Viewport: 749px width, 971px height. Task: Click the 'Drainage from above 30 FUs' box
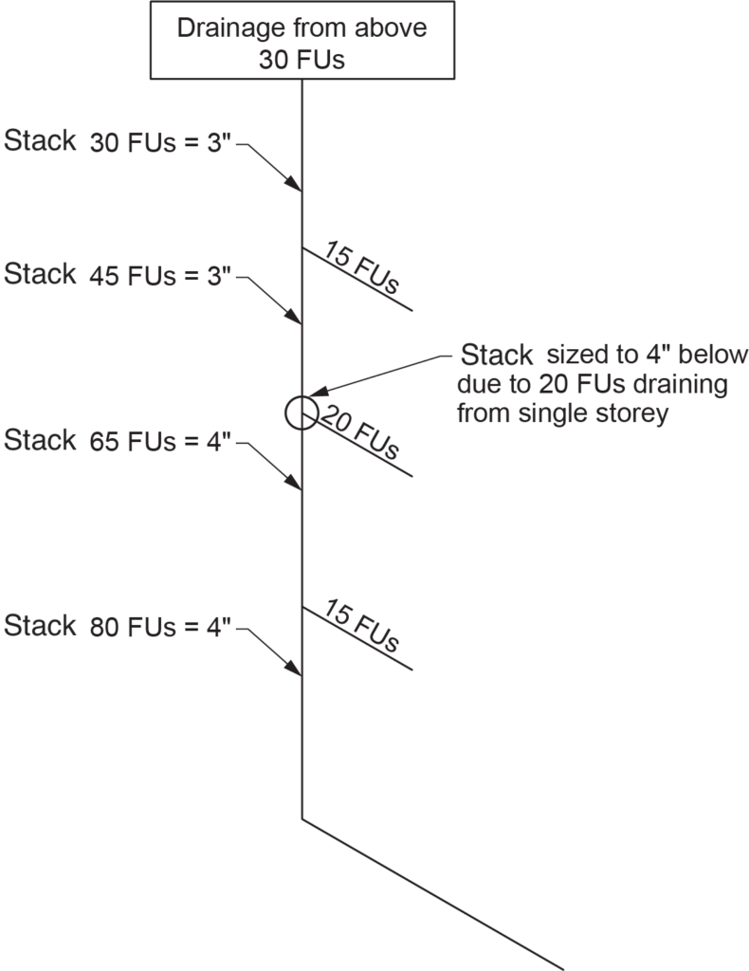point(301,44)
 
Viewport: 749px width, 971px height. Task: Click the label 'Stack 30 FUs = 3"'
point(119,143)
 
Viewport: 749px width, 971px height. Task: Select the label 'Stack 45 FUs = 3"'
point(119,276)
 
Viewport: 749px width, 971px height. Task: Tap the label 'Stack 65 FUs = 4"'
point(119,442)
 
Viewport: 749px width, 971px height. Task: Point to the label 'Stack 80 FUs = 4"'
point(119,627)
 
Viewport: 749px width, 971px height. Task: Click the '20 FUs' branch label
point(359,432)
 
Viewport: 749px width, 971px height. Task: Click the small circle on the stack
point(301,412)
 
